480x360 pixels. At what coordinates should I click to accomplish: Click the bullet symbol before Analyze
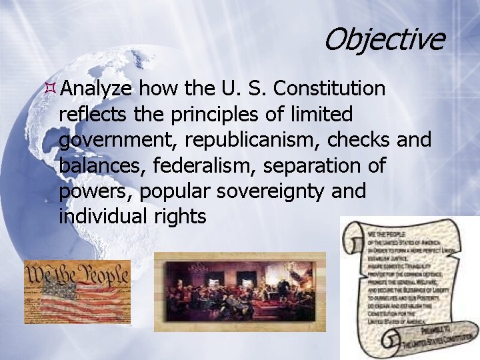coord(51,88)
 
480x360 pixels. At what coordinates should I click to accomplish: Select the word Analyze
coord(97,89)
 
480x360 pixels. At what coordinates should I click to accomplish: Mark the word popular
coord(170,192)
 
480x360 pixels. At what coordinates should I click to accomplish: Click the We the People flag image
coord(77,292)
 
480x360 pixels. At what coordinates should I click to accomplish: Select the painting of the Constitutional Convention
coord(240,291)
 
